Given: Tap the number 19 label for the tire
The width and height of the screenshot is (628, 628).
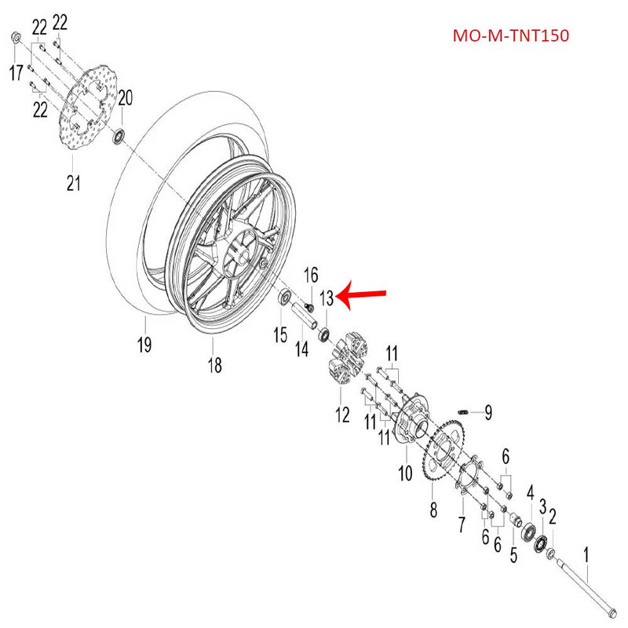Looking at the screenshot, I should pos(144,344).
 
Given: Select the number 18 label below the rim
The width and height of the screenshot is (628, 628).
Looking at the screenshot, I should pos(214,365).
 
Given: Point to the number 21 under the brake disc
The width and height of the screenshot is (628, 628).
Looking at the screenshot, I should pos(73,184).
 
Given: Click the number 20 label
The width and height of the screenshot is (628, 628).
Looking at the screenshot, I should pos(125,97).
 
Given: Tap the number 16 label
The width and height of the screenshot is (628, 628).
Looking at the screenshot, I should pos(311,274).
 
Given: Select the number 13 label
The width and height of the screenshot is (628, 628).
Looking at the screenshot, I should pos(327,298).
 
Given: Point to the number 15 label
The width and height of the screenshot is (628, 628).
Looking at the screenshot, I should pos(280,335).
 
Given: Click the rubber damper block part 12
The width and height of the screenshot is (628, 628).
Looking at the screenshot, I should pos(346,360).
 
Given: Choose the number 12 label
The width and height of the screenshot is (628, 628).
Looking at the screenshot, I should pos(342,414).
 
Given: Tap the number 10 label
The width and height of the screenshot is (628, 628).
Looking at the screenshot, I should pos(406,473).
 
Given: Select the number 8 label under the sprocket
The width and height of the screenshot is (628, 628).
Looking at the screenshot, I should pos(433,510).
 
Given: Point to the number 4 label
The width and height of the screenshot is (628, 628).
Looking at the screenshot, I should pos(531,493).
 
